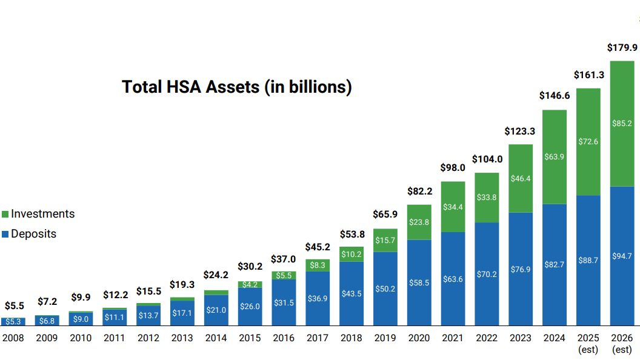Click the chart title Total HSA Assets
[237, 87]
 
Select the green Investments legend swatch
[5, 215]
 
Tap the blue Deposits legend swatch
[5, 235]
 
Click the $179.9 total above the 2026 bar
[622, 48]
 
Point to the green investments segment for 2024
[555, 157]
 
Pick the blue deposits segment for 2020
[419, 282]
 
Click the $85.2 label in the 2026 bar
[622, 123]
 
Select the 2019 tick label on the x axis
[385, 338]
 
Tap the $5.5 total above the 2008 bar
[15, 305]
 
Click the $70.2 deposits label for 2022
[487, 275]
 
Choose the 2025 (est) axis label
[588, 344]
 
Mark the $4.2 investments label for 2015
[250, 284]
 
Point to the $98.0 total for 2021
[453, 168]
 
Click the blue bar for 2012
[148, 316]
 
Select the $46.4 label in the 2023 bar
[521, 178]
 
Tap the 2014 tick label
[216, 338]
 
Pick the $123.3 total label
[519, 132]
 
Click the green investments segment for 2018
[352, 255]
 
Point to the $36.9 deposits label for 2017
[318, 298]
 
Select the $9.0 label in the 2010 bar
[81, 319]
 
